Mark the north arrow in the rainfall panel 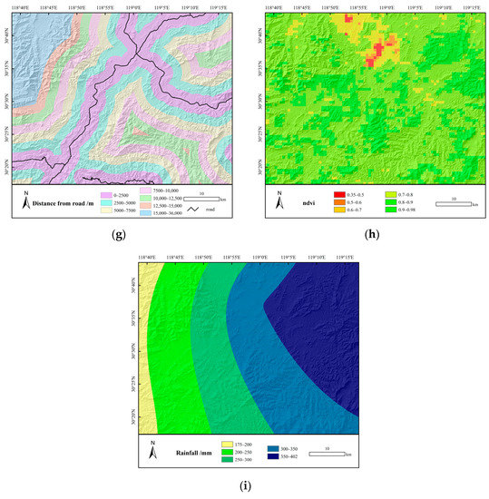point(152,447)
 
